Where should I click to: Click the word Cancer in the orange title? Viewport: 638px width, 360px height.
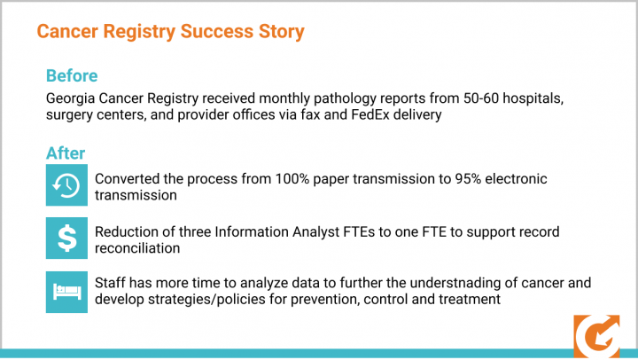[x=67, y=31]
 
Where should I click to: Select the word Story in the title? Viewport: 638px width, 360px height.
[x=281, y=32]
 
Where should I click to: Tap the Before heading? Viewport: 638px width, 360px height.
[x=72, y=75]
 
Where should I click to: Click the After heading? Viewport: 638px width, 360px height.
[x=66, y=153]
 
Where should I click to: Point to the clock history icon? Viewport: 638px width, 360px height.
[x=66, y=185]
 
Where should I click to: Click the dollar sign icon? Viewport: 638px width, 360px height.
[x=66, y=238]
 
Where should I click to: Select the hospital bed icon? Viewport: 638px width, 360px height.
[x=66, y=292]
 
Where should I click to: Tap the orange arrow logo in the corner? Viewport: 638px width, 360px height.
[x=596, y=336]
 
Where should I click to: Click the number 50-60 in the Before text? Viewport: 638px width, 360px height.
[x=481, y=98]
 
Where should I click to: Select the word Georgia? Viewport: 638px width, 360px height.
[x=70, y=98]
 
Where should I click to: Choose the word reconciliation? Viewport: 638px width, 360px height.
[x=137, y=248]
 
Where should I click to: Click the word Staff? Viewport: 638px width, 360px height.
[x=110, y=283]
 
